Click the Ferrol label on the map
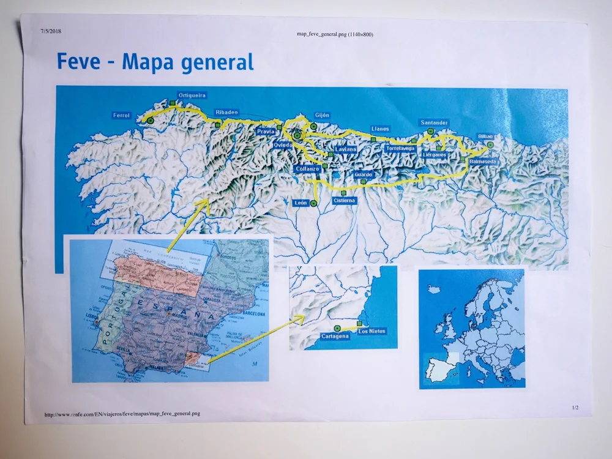point(122,115)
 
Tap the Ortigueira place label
point(192,95)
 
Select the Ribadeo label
point(226,112)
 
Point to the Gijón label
point(322,115)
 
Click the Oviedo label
point(283,144)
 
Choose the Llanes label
point(380,129)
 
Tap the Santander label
point(435,123)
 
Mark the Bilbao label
point(485,136)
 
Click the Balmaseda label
point(483,161)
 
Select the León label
point(300,203)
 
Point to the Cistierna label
point(343,201)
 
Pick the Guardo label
point(363,175)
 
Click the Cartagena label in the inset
point(335,337)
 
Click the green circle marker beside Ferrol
point(151,121)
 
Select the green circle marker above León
point(314,203)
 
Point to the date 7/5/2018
point(51,31)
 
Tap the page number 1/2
point(575,407)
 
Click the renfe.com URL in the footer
point(122,414)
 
